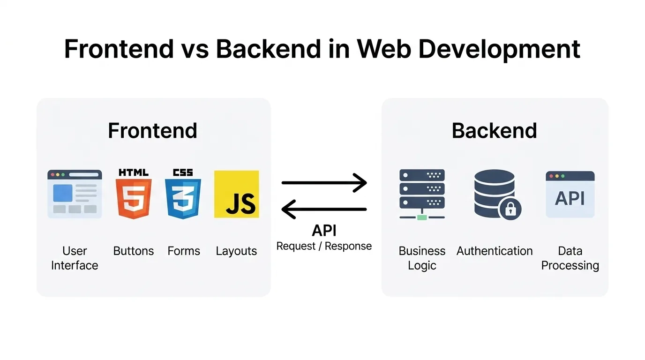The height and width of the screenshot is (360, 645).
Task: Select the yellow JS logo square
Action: coord(237,194)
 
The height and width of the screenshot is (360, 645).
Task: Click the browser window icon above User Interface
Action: coord(75,194)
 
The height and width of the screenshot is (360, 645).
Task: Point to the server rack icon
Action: coord(422,194)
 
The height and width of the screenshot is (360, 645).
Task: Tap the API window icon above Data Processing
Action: coord(570,194)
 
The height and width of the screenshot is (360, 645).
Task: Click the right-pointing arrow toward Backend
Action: coord(324,183)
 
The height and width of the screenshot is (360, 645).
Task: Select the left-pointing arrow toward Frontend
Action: coord(324,209)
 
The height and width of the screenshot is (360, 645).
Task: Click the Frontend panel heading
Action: coord(152,130)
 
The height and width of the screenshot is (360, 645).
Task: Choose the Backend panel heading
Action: coord(494,130)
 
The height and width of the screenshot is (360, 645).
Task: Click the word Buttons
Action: coord(134,251)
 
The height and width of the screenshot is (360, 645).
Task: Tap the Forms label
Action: coord(184,251)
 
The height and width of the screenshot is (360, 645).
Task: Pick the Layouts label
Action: coord(236,251)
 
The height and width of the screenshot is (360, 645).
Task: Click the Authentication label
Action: coord(495,251)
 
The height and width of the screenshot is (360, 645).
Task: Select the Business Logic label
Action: coord(422,258)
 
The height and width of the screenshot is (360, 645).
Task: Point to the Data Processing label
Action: coord(570,258)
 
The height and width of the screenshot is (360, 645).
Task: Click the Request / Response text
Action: coord(324,246)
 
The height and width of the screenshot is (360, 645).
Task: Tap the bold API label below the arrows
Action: coord(324,231)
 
